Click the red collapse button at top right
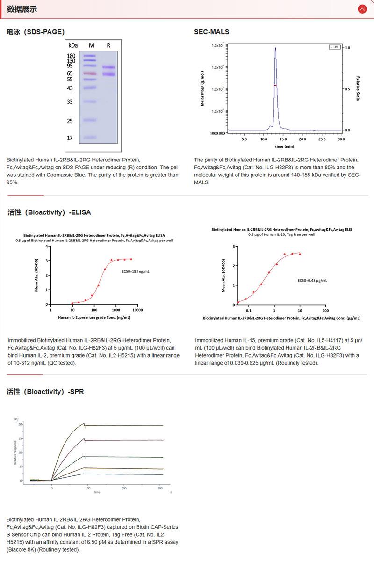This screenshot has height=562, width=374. click(x=362, y=9)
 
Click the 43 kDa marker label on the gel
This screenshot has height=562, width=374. click(x=70, y=88)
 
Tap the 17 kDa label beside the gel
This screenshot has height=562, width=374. click(x=70, y=138)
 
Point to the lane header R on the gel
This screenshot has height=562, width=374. click(x=108, y=45)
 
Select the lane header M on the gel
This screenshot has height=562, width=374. click(x=92, y=45)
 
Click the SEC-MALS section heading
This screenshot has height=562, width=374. click(x=212, y=32)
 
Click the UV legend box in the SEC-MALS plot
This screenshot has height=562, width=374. click(x=334, y=47)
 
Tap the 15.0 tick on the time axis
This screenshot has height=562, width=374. click(x=283, y=139)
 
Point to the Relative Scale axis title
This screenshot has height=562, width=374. click(x=358, y=88)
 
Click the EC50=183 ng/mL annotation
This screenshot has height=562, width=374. click(x=135, y=271)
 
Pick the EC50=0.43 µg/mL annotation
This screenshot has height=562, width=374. click(x=312, y=280)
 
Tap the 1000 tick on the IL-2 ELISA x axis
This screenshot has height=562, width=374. click(x=116, y=310)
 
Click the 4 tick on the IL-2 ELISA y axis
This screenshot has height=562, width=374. click(x=47, y=246)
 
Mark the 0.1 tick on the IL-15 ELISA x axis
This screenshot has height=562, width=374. click(x=249, y=310)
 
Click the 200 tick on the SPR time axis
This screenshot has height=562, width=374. click(x=124, y=488)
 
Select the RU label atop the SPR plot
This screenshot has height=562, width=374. click(x=16, y=419)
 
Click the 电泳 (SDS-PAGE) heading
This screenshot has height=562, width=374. click(x=36, y=32)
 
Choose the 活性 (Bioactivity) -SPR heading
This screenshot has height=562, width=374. click(x=45, y=392)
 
